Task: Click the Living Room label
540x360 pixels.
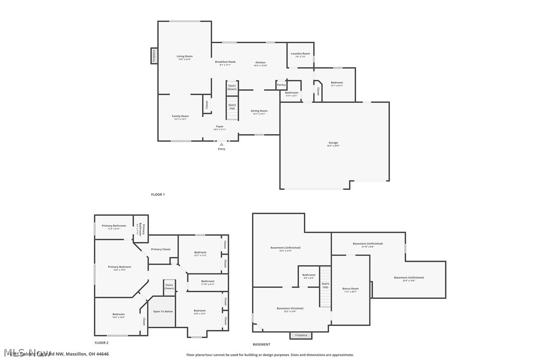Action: click(184, 57)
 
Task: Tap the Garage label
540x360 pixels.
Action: click(333, 143)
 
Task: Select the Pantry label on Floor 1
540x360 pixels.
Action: click(281, 85)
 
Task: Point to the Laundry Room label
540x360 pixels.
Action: click(300, 54)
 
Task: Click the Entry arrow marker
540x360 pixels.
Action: click(222, 145)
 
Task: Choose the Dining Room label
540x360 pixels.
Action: click(259, 111)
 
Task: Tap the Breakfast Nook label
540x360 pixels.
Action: click(225, 62)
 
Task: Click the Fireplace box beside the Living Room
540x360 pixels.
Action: click(154, 56)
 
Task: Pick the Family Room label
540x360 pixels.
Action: click(180, 116)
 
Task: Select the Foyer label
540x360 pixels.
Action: click(219, 127)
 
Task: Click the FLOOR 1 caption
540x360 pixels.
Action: click(158, 194)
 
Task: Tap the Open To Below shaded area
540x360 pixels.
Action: click(163, 312)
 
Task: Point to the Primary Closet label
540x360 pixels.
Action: click(161, 249)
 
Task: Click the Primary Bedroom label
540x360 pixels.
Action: click(119, 267)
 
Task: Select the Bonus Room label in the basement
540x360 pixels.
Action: click(351, 289)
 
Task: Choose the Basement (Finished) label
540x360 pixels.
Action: click(290, 309)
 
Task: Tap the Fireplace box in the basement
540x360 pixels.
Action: click(301, 335)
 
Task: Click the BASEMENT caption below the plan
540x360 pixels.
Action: click(262, 344)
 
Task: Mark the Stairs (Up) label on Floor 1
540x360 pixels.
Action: click(232, 106)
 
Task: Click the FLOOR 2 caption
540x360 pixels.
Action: click(101, 343)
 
